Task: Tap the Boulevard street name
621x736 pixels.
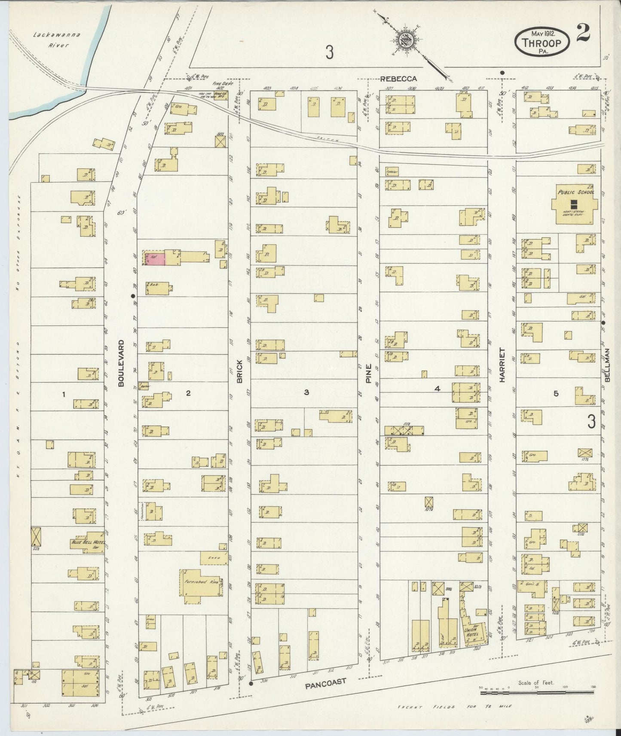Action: [x=121, y=363]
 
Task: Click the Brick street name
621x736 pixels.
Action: [x=240, y=371]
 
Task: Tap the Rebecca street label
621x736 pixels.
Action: [x=398, y=79]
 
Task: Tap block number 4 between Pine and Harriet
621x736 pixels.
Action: [x=437, y=389]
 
